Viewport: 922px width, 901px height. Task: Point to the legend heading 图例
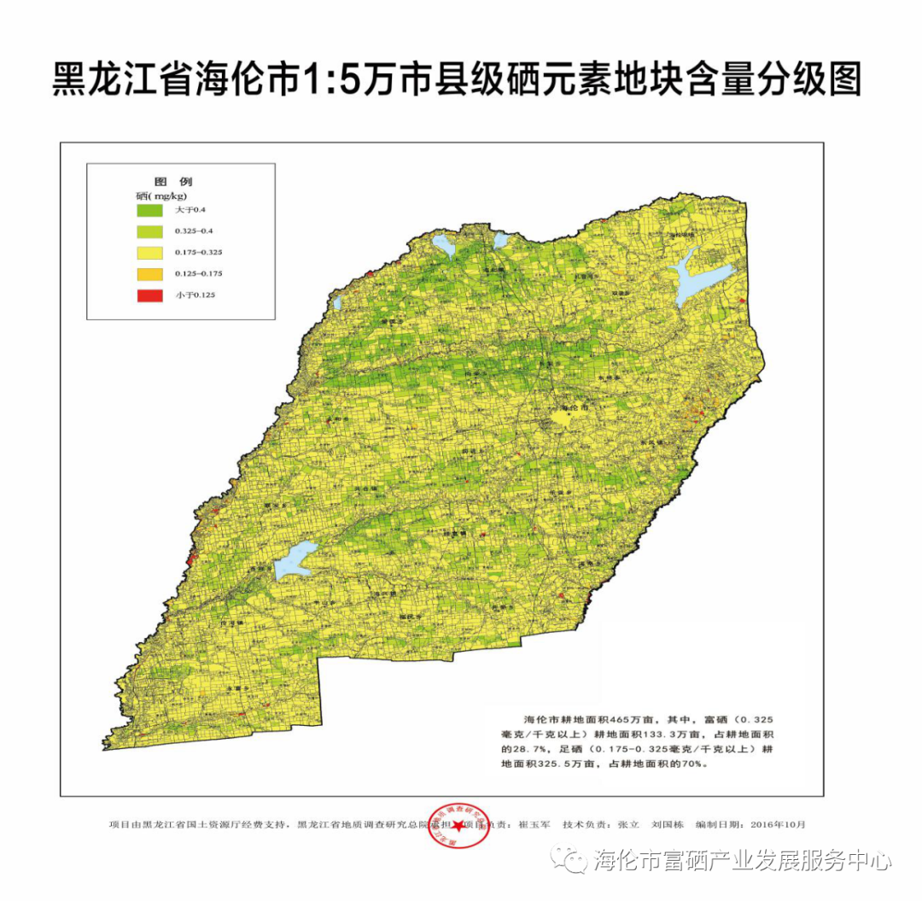(173, 182)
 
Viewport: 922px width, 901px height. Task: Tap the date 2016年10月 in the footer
(777, 825)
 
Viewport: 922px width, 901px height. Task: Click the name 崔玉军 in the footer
(534, 825)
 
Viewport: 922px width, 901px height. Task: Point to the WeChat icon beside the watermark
(569, 858)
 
